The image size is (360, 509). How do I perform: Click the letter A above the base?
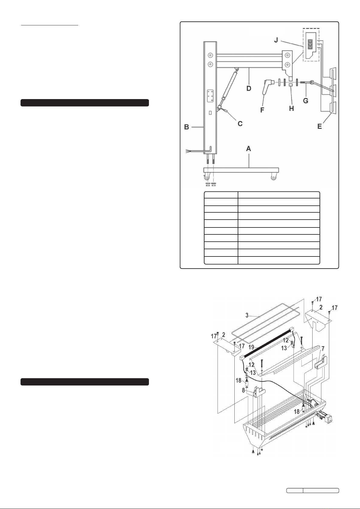pos(249,149)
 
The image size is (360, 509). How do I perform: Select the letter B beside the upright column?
pos(187,127)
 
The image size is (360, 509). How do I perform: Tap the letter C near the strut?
pos(240,124)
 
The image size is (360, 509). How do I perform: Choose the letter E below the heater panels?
pos(320,127)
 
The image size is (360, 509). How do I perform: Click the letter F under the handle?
pos(262,110)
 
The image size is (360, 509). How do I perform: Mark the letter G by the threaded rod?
pos(306,101)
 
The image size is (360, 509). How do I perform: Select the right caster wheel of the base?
pos(273,177)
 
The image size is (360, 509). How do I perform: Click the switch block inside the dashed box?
pos(310,45)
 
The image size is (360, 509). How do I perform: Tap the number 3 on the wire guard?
pos(247,315)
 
